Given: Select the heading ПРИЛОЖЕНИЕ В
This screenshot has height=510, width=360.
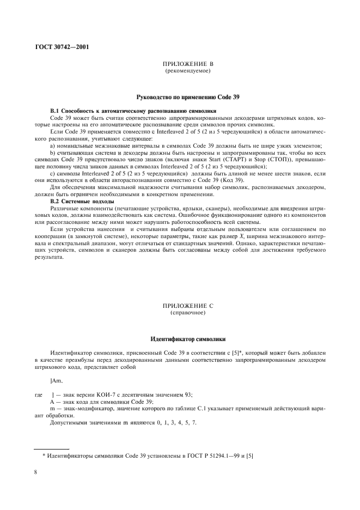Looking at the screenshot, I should point(188,64).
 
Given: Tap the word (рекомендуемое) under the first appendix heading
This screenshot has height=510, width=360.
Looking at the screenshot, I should point(188,71).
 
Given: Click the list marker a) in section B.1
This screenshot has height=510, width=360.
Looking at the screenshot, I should point(52,145).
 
